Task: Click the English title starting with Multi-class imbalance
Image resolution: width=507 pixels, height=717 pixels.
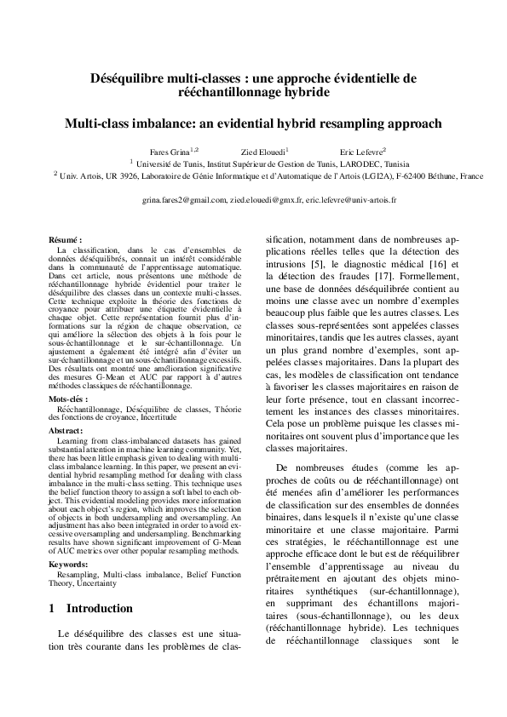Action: point(253,123)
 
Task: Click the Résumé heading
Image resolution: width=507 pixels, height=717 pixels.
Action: point(66,241)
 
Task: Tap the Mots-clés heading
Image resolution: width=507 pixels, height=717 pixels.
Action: point(68,398)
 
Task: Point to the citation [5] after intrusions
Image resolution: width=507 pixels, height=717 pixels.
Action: point(315,265)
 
